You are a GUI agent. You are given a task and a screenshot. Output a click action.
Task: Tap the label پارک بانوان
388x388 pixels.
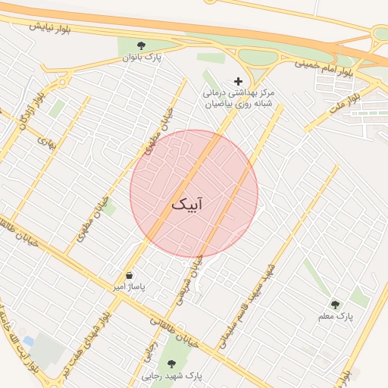145,58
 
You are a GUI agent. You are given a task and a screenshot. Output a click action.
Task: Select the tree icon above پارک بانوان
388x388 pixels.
141,45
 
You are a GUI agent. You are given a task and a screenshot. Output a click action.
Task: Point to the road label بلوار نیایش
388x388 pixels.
51,27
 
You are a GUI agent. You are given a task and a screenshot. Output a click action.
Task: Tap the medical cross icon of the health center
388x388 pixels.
239,81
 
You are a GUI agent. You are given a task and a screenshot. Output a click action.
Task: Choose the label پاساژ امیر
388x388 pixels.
128,289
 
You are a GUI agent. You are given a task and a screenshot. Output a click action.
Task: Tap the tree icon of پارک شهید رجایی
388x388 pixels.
171,363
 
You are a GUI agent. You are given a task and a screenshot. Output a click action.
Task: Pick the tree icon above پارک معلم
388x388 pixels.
335,304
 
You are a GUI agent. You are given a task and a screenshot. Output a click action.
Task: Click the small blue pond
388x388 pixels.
29,342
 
